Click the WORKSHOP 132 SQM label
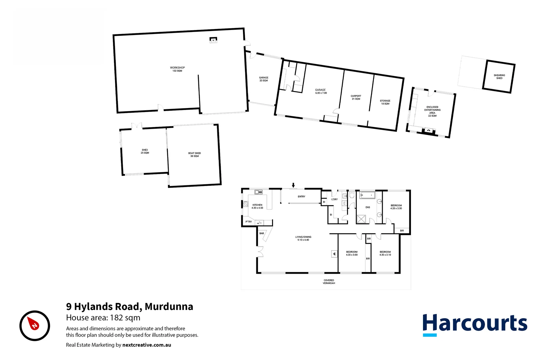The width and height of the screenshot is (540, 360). coord(177,69)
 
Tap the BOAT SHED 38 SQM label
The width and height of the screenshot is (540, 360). coord(194,155)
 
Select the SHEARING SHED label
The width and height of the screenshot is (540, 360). coord(499,77)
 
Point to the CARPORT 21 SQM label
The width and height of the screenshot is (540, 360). coord(356,97)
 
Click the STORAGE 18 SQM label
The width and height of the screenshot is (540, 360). coord(385,102)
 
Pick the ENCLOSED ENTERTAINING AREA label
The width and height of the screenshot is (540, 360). coord(432,111)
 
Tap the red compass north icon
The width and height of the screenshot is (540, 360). coord(34,325)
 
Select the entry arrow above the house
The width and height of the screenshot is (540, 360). coord(293,185)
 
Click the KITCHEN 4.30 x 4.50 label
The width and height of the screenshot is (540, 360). coord(257,206)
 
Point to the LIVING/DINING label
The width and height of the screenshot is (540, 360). coord(303,238)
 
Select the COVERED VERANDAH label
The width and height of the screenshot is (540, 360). coord(329,282)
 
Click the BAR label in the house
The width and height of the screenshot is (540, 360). coord(262,233)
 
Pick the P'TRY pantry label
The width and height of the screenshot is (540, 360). coord(249,222)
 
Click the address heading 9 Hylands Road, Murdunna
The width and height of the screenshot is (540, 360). coord(130,306)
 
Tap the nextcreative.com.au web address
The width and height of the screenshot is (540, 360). coord(147,345)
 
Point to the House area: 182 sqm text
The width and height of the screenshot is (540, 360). coord(103,318)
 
